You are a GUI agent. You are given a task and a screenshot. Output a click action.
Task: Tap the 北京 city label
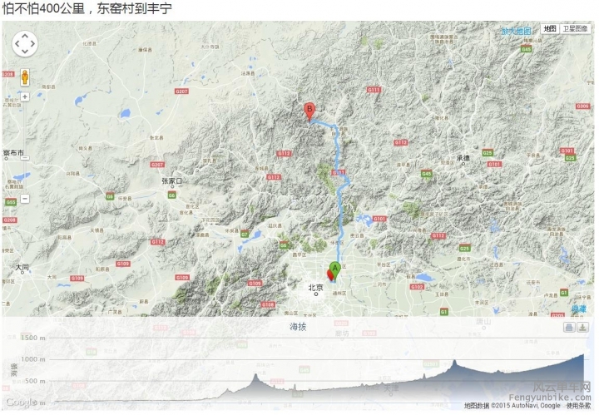pos(315,288)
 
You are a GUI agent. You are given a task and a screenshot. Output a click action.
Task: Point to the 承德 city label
pos(463,158)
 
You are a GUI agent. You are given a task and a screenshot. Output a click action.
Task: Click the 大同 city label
pos(22,267)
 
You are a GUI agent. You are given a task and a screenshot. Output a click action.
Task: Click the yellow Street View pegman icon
pos(25,77)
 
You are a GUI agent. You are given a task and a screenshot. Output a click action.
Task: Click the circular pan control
pos(25,43)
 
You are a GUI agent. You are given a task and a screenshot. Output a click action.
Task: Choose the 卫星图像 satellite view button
pos(575,28)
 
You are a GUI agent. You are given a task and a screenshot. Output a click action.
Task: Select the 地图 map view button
pos(549,28)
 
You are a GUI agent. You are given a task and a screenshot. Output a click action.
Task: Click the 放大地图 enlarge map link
pos(516,31)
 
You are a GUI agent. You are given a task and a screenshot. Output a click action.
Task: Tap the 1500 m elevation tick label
pos(33,338)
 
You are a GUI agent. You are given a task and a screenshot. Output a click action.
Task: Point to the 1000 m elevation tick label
pos(33,359)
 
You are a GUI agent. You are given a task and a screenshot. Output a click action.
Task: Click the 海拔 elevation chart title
pos(298,327)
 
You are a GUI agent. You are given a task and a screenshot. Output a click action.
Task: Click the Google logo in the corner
pos(21,403)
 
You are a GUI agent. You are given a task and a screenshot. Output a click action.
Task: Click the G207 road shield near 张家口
pos(181,91)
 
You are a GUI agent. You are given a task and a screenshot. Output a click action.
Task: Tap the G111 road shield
pos(374,90)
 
